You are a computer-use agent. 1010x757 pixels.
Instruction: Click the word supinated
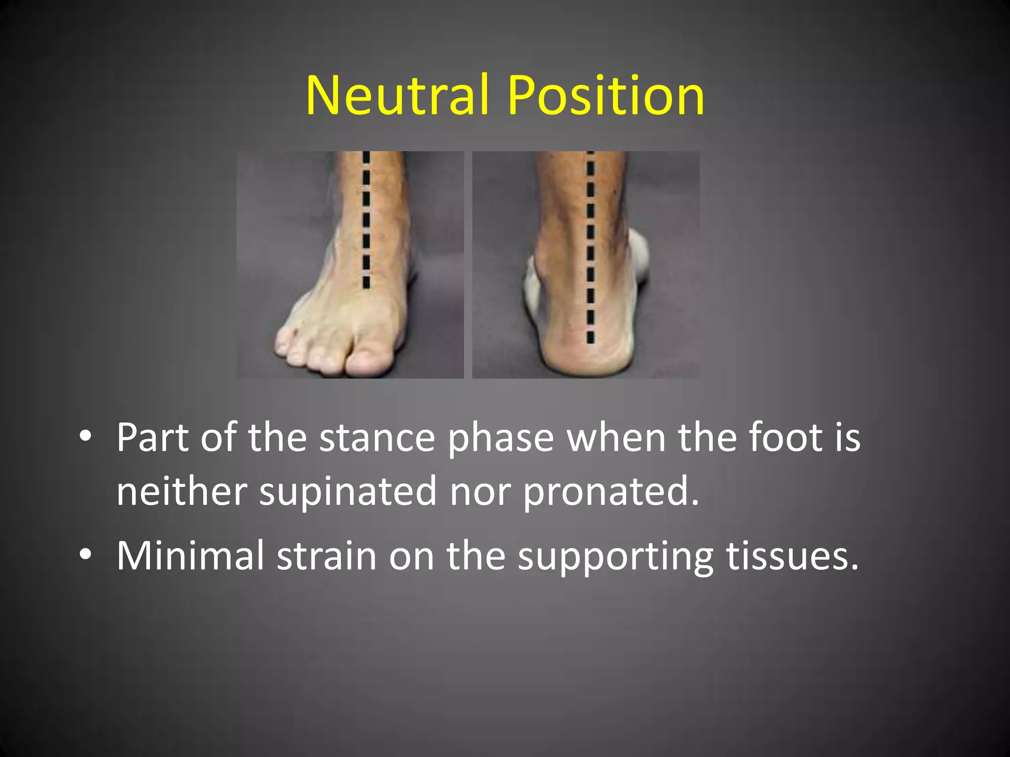pyautogui.click(x=348, y=491)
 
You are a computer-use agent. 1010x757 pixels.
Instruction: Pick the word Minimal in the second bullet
pyautogui.click(x=190, y=555)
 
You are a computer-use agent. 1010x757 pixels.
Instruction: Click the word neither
pyautogui.click(x=181, y=491)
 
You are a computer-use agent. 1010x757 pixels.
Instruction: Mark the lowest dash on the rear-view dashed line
pyautogui.click(x=590, y=337)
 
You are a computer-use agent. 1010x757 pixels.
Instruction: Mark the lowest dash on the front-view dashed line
pyautogui.click(x=366, y=282)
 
